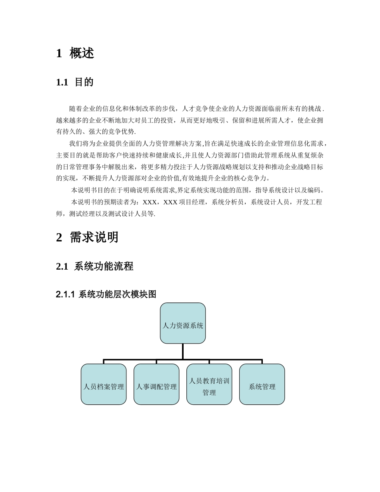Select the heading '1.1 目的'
click(75, 82)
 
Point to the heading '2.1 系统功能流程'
click(95, 266)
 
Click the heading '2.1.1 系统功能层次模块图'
click(106, 295)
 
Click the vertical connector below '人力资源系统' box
click(183, 351)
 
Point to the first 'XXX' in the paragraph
click(150, 203)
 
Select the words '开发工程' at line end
click(309, 203)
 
